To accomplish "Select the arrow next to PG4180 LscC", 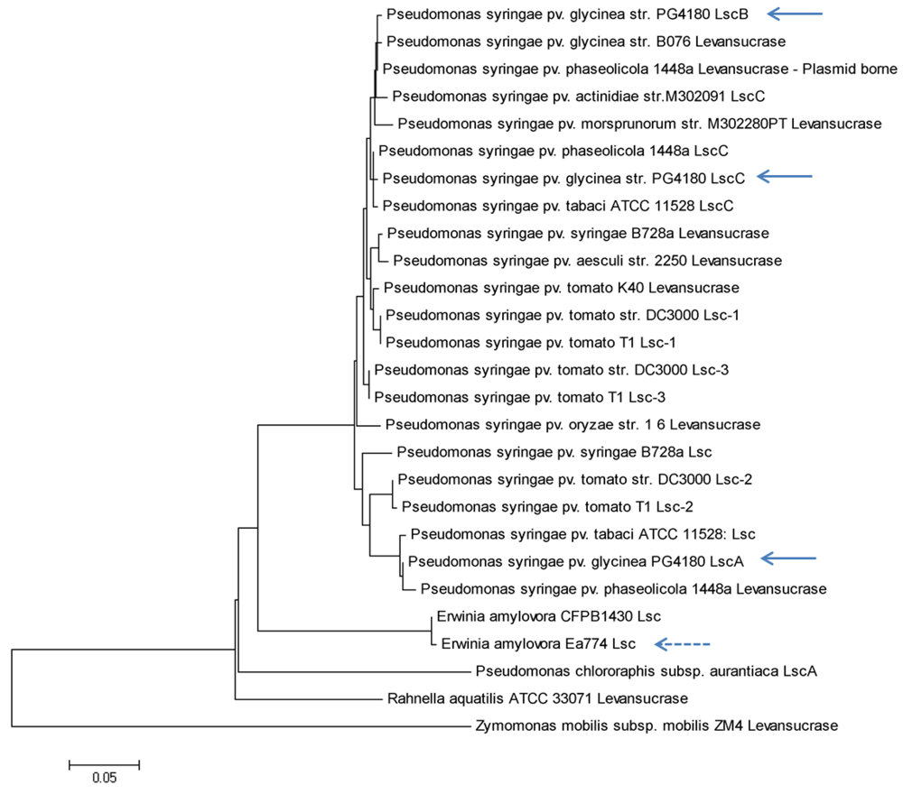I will (x=786, y=177).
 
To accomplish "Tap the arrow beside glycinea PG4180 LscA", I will (x=788, y=559).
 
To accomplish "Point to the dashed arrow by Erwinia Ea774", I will (x=684, y=644).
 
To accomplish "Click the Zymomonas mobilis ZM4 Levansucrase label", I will (x=656, y=725).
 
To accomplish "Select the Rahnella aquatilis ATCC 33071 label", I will (x=537, y=698).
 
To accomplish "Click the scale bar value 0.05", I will (x=104, y=776).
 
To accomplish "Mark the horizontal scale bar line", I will (x=104, y=762).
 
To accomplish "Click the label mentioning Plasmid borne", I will (x=639, y=69).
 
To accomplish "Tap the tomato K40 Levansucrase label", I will (x=562, y=288).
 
